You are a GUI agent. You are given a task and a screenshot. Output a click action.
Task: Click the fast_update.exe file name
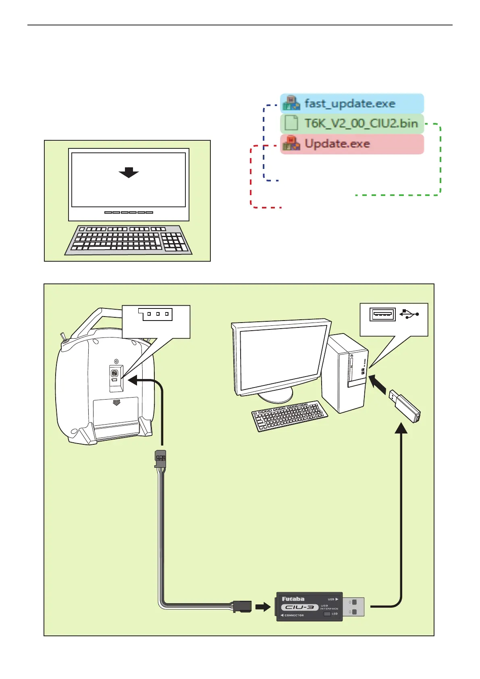click(349, 104)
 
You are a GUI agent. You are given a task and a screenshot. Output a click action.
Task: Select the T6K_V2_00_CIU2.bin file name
click(361, 123)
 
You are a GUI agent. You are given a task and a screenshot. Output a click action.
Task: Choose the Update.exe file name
click(337, 144)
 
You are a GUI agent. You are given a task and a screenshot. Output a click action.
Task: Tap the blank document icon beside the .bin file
click(291, 123)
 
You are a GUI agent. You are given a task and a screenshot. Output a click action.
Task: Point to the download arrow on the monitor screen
click(129, 173)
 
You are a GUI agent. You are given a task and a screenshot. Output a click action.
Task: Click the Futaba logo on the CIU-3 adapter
click(293, 599)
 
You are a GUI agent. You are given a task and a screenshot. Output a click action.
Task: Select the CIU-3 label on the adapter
click(299, 607)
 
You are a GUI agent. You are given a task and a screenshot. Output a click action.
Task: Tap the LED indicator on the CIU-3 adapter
click(327, 614)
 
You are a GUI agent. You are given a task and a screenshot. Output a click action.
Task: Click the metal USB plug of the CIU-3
click(353, 607)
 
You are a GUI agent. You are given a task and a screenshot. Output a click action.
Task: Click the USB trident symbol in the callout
click(409, 314)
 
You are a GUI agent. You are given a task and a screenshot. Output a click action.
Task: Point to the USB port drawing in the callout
click(382, 314)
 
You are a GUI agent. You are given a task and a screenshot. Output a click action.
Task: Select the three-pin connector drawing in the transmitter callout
click(155, 314)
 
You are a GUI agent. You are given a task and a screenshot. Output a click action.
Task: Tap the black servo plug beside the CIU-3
click(243, 606)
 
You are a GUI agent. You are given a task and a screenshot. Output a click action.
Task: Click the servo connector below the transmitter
click(160, 458)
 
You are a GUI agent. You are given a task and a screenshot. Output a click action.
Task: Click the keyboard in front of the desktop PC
click(289, 416)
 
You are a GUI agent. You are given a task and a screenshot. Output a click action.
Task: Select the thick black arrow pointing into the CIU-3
click(264, 606)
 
